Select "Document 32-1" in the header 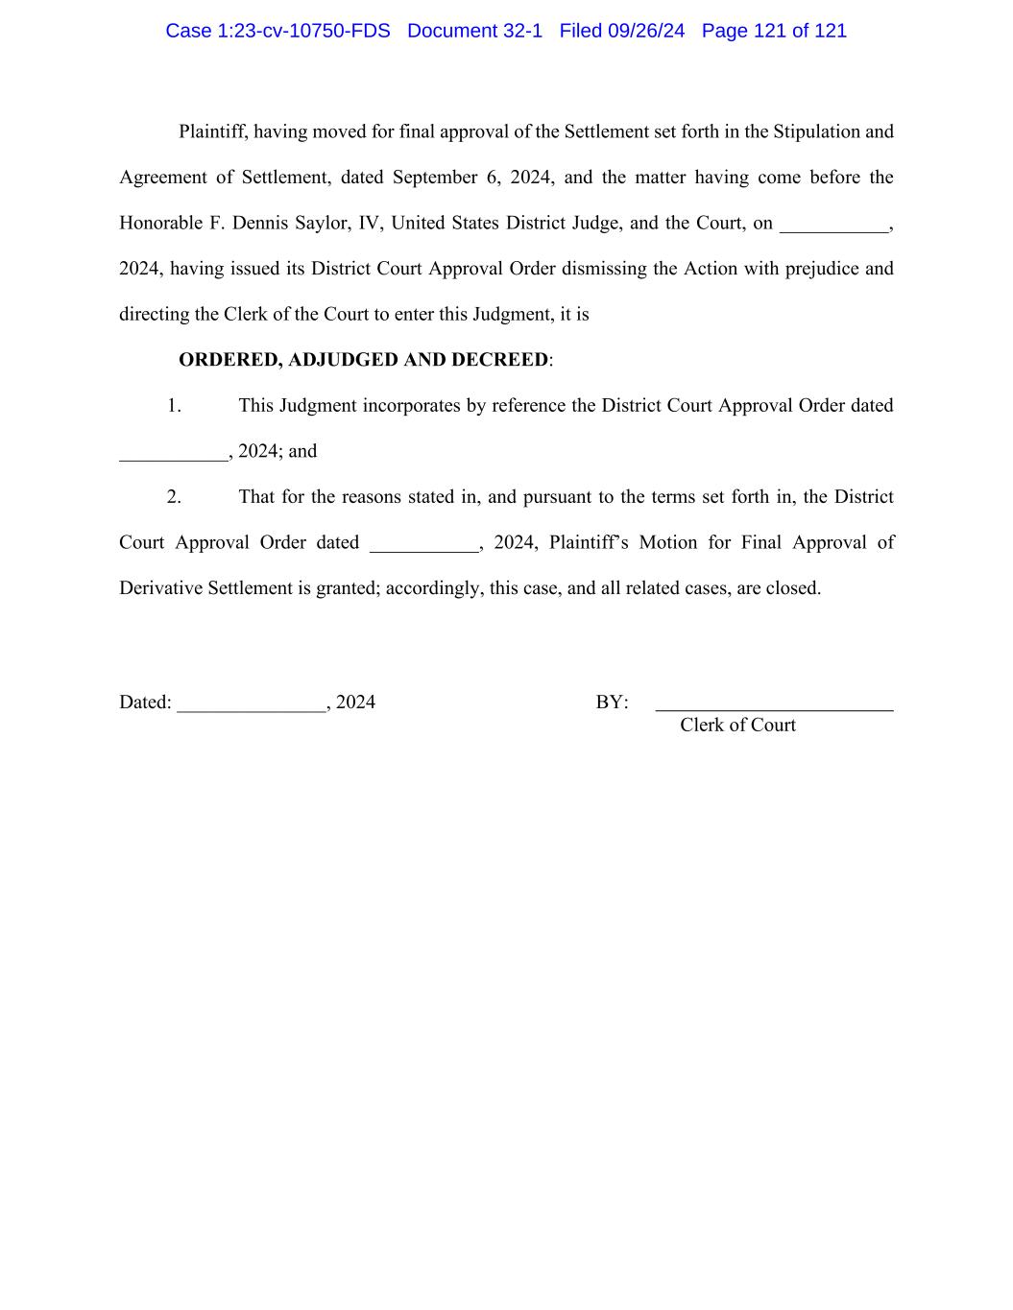pyautogui.click(x=474, y=31)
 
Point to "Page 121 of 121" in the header pyautogui.click(x=774, y=31)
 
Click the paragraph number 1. pyautogui.click(x=174, y=406)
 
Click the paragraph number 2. pyautogui.click(x=174, y=497)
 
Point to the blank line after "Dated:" pyautogui.click(x=252, y=706)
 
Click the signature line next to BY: pyautogui.click(x=774, y=706)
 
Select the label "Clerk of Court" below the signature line pyautogui.click(x=737, y=726)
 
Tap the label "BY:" pyautogui.click(x=612, y=703)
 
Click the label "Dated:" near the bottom pyautogui.click(x=145, y=703)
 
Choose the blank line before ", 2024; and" pyautogui.click(x=174, y=456)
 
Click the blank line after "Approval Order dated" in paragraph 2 pyautogui.click(x=423, y=547)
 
